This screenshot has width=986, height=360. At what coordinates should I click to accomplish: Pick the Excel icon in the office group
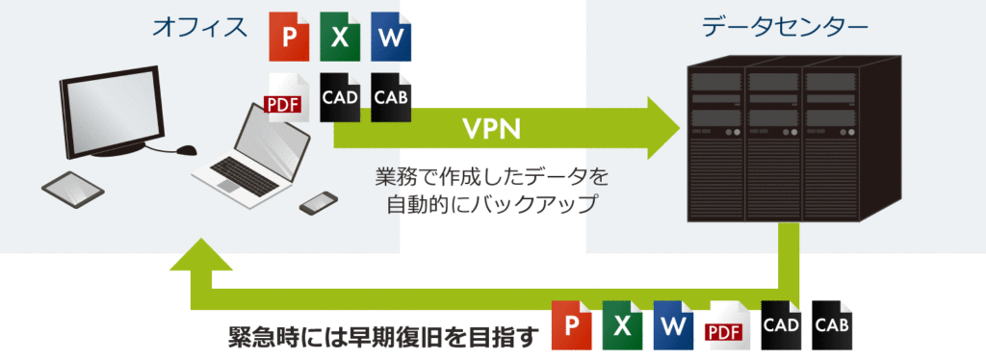(x=340, y=38)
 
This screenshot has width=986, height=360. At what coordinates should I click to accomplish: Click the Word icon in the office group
(x=390, y=38)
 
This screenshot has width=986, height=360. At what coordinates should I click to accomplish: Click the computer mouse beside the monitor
(x=187, y=150)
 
